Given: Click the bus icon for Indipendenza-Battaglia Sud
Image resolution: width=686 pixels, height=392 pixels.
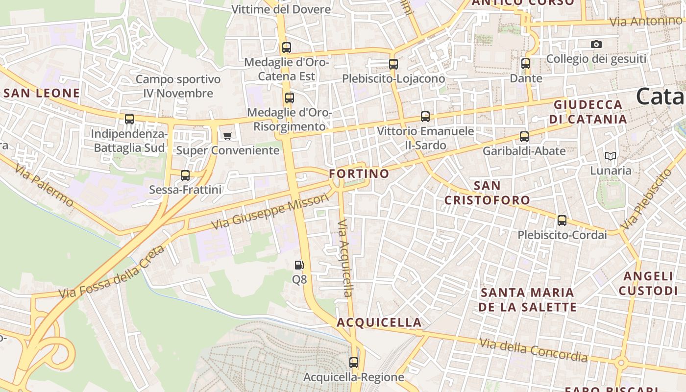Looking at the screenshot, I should (129, 119).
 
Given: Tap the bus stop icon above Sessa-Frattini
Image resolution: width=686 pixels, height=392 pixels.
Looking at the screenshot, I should (185, 175).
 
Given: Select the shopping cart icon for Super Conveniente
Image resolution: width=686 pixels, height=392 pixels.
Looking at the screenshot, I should (227, 136).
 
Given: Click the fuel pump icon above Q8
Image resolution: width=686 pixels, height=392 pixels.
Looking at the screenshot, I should (299, 265).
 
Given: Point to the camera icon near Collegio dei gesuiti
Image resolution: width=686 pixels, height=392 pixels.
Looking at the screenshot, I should (596, 45).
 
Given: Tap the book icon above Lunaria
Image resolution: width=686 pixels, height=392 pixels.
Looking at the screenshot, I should (611, 156).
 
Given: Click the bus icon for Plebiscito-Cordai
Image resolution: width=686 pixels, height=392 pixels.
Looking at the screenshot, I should (562, 220).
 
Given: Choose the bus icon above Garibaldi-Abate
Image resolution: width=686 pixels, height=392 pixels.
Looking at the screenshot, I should (524, 137).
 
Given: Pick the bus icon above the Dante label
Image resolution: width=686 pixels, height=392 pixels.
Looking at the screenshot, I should (526, 64).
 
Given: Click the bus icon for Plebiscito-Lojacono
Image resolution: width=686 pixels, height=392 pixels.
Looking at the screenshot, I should (393, 64).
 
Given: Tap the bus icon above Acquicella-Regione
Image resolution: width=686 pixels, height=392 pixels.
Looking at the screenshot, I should (354, 363).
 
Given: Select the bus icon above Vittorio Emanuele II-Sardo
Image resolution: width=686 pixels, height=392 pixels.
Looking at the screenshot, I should (425, 117).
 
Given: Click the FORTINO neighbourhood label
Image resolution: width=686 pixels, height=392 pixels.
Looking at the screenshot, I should (359, 173).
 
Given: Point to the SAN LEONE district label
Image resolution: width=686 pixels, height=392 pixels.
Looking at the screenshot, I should (42, 93).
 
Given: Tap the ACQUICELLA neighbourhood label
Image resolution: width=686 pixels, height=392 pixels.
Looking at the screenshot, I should (379, 322).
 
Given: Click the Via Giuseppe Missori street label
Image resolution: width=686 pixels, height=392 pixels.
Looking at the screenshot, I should (270, 212).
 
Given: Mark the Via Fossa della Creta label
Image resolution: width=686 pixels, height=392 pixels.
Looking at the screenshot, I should (112, 272).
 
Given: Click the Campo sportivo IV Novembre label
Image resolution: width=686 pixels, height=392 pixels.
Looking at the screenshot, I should (178, 86).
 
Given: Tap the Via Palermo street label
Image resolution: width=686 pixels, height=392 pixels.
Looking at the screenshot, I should (44, 185).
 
